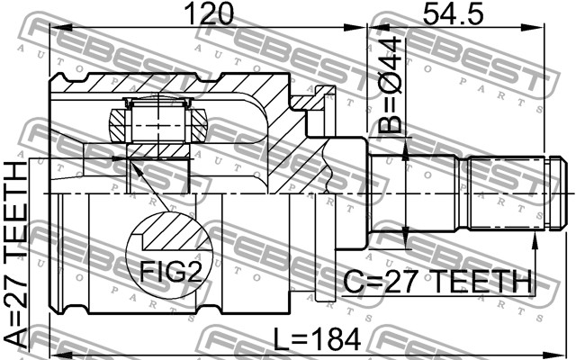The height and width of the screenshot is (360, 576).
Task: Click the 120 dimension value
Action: point(209,13)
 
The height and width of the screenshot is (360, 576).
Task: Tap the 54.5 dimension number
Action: point(453,13)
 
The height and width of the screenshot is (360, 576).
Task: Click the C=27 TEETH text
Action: point(437,282)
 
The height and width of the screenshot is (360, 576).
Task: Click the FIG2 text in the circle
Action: point(171,272)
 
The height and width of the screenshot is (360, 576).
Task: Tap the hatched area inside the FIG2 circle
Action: point(176,231)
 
